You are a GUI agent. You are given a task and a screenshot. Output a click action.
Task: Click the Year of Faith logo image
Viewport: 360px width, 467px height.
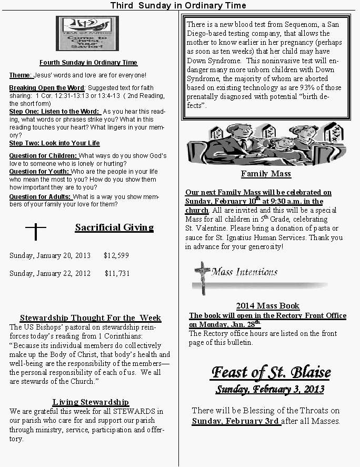pyautogui.click(x=87, y=34)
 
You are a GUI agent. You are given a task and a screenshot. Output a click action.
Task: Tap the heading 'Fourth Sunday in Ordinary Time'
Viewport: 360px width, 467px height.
pyautogui.click(x=88, y=63)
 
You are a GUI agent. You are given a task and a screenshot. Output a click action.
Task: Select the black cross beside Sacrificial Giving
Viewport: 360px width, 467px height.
pyautogui.click(x=36, y=231)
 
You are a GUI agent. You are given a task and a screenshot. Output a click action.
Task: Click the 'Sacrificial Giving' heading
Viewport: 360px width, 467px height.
pyautogui.click(x=114, y=228)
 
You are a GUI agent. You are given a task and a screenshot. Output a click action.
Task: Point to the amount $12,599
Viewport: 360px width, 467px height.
pyautogui.click(x=116, y=255)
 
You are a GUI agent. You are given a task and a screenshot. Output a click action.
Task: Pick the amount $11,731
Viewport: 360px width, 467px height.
pyautogui.click(x=117, y=273)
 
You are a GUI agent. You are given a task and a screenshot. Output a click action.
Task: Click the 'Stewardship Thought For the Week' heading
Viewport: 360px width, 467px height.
pyautogui.click(x=91, y=318)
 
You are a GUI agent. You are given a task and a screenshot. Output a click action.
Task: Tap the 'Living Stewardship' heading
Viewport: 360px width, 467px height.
pyautogui.click(x=91, y=402)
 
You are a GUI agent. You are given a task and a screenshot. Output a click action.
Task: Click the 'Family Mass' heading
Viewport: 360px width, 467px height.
pyautogui.click(x=266, y=174)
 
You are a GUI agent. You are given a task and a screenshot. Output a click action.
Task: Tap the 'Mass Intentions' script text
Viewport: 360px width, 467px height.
pyautogui.click(x=244, y=272)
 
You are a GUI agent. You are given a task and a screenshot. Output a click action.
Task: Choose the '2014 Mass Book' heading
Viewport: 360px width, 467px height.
pyautogui.click(x=267, y=306)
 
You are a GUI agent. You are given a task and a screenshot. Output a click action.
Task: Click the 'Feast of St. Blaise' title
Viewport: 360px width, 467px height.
pyautogui.click(x=271, y=373)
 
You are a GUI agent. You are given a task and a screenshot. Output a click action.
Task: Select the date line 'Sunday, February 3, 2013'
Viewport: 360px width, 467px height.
pyautogui.click(x=270, y=390)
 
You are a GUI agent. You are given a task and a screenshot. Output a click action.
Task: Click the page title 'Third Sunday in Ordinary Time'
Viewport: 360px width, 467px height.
pyautogui.click(x=178, y=5)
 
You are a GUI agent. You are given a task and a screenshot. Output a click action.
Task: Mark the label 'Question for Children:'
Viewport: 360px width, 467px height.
pyautogui.click(x=43, y=156)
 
